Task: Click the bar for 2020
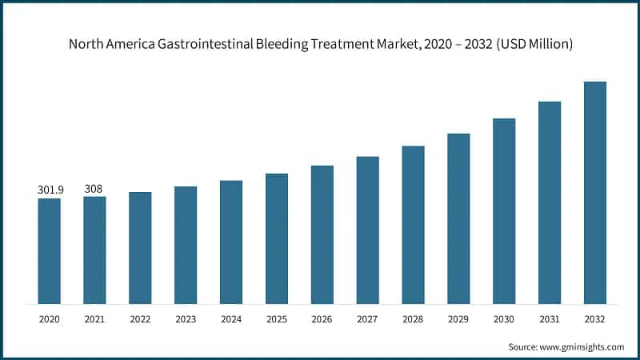tap(49, 251)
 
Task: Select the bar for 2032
tap(595, 193)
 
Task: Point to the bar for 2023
tap(186, 245)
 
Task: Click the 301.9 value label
tap(49, 190)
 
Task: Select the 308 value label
tap(94, 189)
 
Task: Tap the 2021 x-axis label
tap(94, 318)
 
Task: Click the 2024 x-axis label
tap(231, 318)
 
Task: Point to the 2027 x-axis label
tap(367, 318)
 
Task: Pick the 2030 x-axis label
tap(504, 318)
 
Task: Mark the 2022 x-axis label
tap(140, 318)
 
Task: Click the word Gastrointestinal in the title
tap(202, 45)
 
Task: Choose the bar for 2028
tap(413, 225)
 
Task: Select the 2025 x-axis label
tap(277, 318)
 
